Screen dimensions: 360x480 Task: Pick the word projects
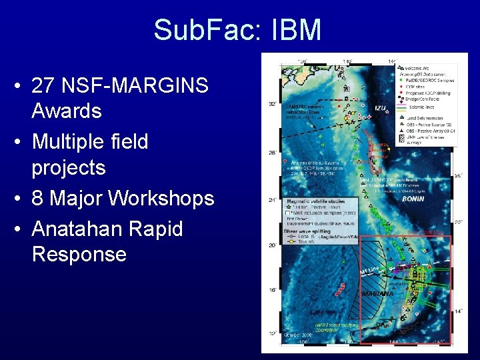[x=69, y=167]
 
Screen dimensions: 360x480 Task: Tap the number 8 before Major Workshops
[x=39, y=198]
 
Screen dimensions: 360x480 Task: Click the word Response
[x=79, y=254]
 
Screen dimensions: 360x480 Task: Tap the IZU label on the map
[x=379, y=109]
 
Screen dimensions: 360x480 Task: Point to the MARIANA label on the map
[x=378, y=293]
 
